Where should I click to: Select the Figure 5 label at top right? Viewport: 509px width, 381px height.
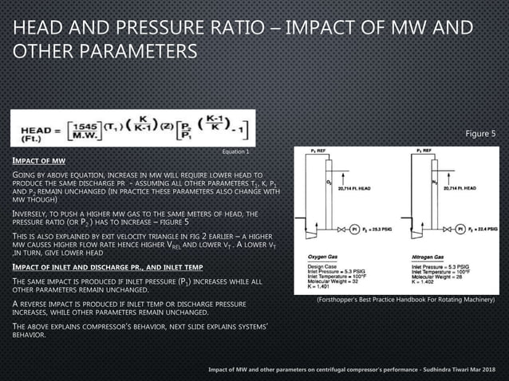coord(480,133)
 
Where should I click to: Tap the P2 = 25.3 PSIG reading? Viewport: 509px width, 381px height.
coord(387,226)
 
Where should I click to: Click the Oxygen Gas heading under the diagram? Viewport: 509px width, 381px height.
coord(323,256)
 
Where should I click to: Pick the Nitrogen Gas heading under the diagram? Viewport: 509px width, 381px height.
coord(416,256)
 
